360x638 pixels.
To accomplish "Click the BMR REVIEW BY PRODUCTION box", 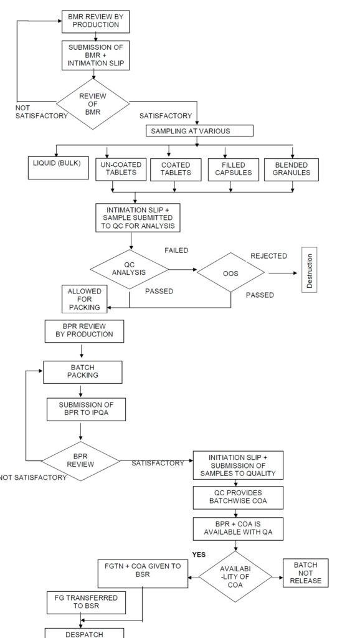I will (95, 22).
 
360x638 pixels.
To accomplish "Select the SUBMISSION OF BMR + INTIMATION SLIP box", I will (95, 55).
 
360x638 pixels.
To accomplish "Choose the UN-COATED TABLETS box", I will (121, 168).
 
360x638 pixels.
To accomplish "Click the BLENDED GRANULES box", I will (291, 168).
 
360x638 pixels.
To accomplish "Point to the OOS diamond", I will (230, 272).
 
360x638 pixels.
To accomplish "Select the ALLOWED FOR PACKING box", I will (85, 299).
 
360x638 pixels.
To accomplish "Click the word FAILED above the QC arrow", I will (177, 250).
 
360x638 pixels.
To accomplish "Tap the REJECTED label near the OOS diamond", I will (268, 256).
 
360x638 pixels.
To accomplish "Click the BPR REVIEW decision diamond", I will (82, 460).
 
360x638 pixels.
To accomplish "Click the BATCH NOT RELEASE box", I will (305, 572).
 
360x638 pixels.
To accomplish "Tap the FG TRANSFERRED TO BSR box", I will (82, 601).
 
